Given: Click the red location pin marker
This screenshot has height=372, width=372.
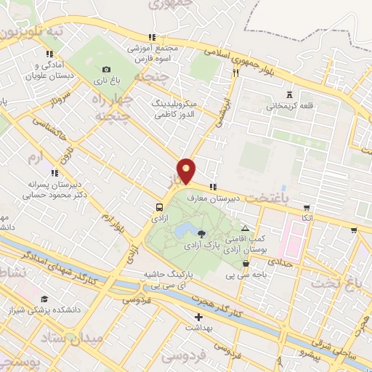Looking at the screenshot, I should pyautogui.click(x=187, y=170).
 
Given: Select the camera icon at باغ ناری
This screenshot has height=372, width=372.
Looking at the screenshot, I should pyautogui.click(x=107, y=70).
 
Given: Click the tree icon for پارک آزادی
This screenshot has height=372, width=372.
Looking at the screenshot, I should pyautogui.click(x=201, y=233).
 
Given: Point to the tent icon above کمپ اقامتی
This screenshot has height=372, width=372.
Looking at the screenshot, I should pyautogui.click(x=245, y=227).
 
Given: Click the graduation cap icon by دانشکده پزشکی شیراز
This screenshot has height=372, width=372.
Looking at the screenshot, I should pyautogui.click(x=45, y=299).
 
